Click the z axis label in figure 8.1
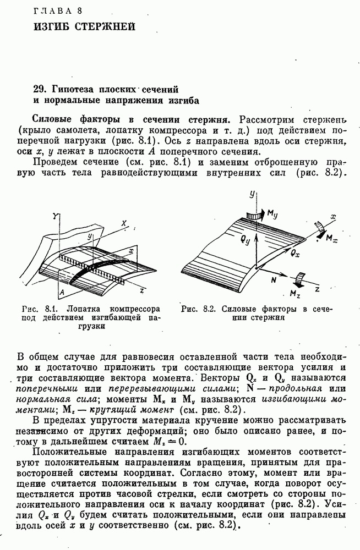point(142,289)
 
